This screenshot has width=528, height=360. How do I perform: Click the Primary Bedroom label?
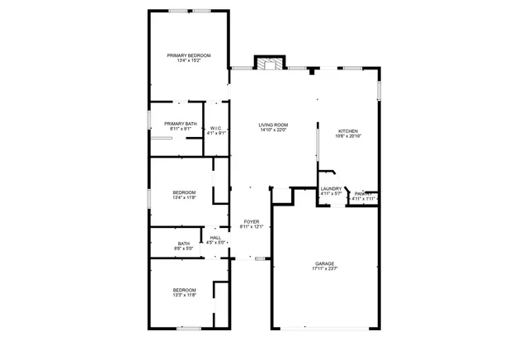tap(189, 55)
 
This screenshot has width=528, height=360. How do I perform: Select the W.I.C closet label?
tap(216, 128)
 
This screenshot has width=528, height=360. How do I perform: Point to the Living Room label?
tap(273, 125)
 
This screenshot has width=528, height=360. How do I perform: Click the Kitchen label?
tap(347, 131)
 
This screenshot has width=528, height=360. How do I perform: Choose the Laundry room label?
tap(331, 189)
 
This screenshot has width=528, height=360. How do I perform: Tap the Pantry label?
tap(363, 194)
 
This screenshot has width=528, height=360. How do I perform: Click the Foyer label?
tap(251, 221)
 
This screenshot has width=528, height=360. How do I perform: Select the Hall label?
tap(215, 238)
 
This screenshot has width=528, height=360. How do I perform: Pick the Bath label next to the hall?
tap(184, 243)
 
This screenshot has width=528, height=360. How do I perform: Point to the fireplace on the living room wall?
tap(269, 64)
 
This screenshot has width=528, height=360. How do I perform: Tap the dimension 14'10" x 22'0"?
tap(273, 130)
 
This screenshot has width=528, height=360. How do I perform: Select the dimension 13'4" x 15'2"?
tap(189, 60)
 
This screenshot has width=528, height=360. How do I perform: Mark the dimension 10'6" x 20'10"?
tap(347, 136)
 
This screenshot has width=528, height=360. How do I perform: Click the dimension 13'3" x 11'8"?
tap(184, 295)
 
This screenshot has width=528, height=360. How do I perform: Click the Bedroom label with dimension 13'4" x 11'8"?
tap(184, 192)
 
